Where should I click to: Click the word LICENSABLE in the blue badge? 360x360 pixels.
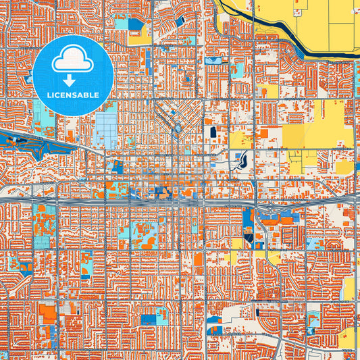point(73,95)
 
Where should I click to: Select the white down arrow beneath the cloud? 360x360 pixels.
point(73,80)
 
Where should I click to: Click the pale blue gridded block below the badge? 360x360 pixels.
point(106,130)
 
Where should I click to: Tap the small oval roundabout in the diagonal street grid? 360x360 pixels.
point(178,127)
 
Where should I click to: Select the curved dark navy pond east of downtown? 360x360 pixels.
point(241,161)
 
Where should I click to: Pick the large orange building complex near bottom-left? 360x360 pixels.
point(48,313)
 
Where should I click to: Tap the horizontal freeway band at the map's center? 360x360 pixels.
point(180,201)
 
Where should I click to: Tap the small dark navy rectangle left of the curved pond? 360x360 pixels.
point(213,132)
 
